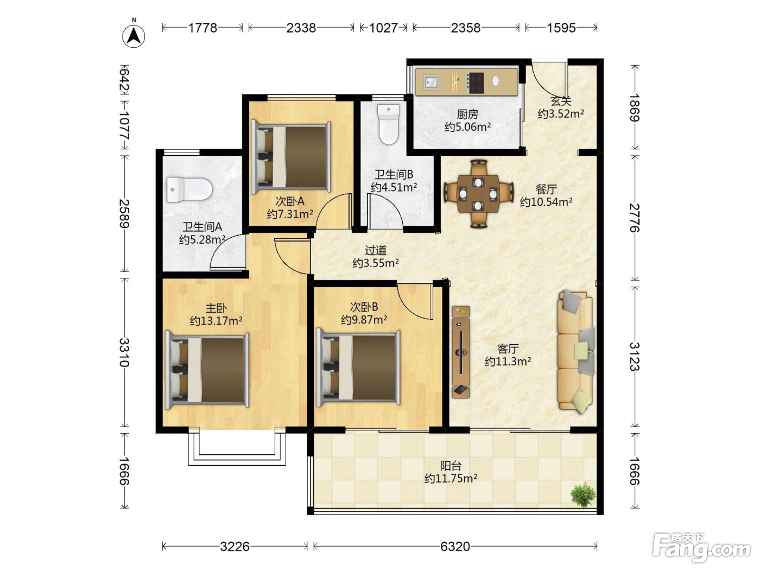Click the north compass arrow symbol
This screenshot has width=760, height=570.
[x=134, y=36]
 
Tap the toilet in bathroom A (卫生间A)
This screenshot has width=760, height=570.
[x=189, y=189]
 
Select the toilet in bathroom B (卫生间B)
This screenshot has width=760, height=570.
[x=388, y=124]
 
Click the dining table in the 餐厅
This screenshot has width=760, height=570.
[x=478, y=194]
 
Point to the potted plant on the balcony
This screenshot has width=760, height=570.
[x=584, y=495]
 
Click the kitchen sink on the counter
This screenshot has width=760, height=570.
[x=431, y=83]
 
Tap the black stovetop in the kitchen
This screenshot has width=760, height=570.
[x=475, y=83]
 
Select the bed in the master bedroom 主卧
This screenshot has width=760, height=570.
[x=207, y=370]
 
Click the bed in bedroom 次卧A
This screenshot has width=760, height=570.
[x=291, y=157]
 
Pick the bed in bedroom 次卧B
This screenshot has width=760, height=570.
[x=358, y=368]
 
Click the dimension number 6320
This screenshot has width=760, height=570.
[x=455, y=547]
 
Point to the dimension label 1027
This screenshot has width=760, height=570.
[x=383, y=28]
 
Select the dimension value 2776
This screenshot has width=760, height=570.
[x=634, y=218]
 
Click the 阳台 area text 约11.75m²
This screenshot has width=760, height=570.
[x=451, y=478]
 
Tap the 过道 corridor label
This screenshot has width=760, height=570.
[x=376, y=250]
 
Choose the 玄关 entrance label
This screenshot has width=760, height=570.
[x=561, y=102]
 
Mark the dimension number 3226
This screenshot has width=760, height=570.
[x=235, y=547]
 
